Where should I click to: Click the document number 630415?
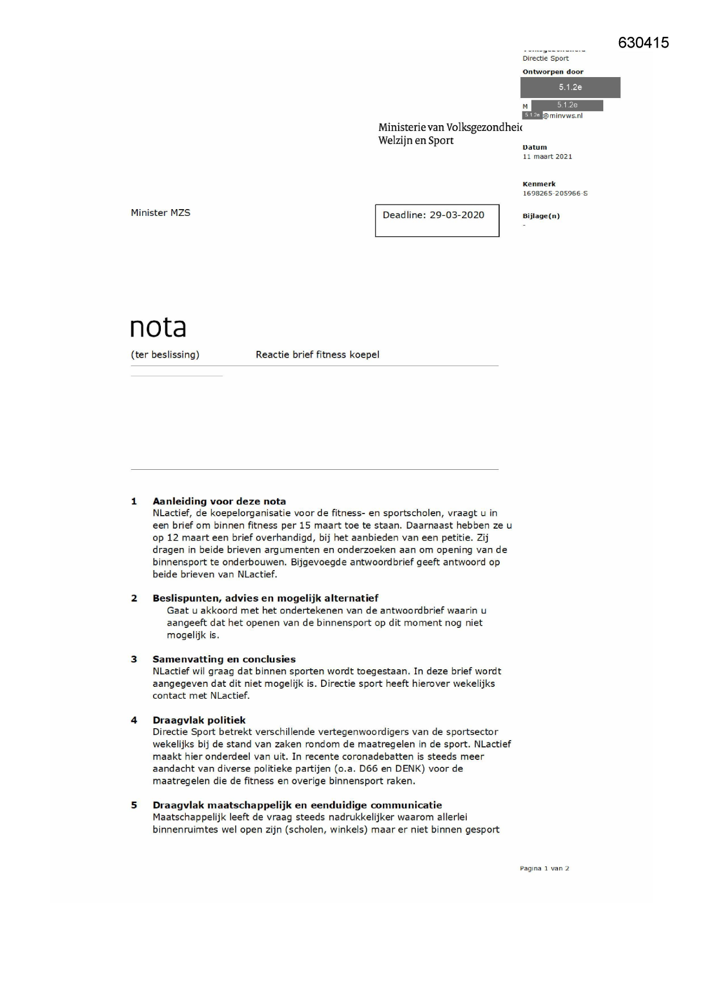643,43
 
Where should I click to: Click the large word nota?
158,328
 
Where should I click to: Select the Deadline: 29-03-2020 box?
437,220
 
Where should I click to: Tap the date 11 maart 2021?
547,157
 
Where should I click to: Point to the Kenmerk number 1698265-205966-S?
555,194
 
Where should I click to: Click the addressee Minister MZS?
160,213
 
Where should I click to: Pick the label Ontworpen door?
552,72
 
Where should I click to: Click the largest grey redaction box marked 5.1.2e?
570,88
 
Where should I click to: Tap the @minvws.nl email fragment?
563,116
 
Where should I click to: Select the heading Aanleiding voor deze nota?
219,502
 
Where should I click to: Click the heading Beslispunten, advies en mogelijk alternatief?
265,598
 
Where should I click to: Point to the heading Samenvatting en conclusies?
224,659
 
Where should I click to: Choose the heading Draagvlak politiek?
199,720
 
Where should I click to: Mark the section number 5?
134,805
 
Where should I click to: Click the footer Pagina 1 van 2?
544,868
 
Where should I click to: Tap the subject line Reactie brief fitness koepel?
317,355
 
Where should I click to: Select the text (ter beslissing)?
165,355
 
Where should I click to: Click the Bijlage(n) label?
541,216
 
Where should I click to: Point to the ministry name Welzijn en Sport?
416,141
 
